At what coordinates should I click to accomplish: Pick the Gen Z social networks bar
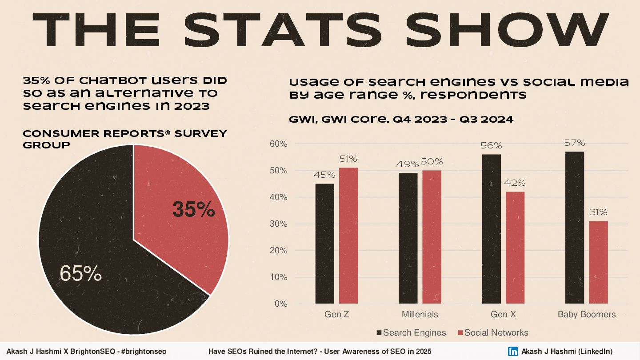(348, 236)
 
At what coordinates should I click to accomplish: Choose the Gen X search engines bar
(491, 229)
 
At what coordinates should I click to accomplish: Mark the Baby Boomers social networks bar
(598, 262)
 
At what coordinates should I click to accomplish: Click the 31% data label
(598, 212)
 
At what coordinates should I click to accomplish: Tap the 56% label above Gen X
(491, 146)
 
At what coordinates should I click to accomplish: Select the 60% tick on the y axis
(278, 144)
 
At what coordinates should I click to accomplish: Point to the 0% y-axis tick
(280, 304)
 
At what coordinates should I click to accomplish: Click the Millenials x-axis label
(420, 315)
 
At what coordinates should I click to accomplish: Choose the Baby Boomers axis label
(587, 315)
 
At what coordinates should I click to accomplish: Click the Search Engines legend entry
(411, 333)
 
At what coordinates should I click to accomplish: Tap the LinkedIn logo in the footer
(513, 351)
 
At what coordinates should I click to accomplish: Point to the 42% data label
(515, 183)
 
